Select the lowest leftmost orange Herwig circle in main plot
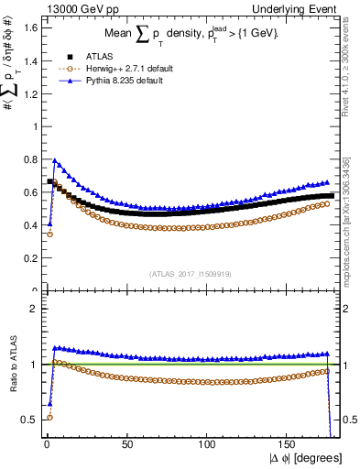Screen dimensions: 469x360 tap(49, 234)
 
